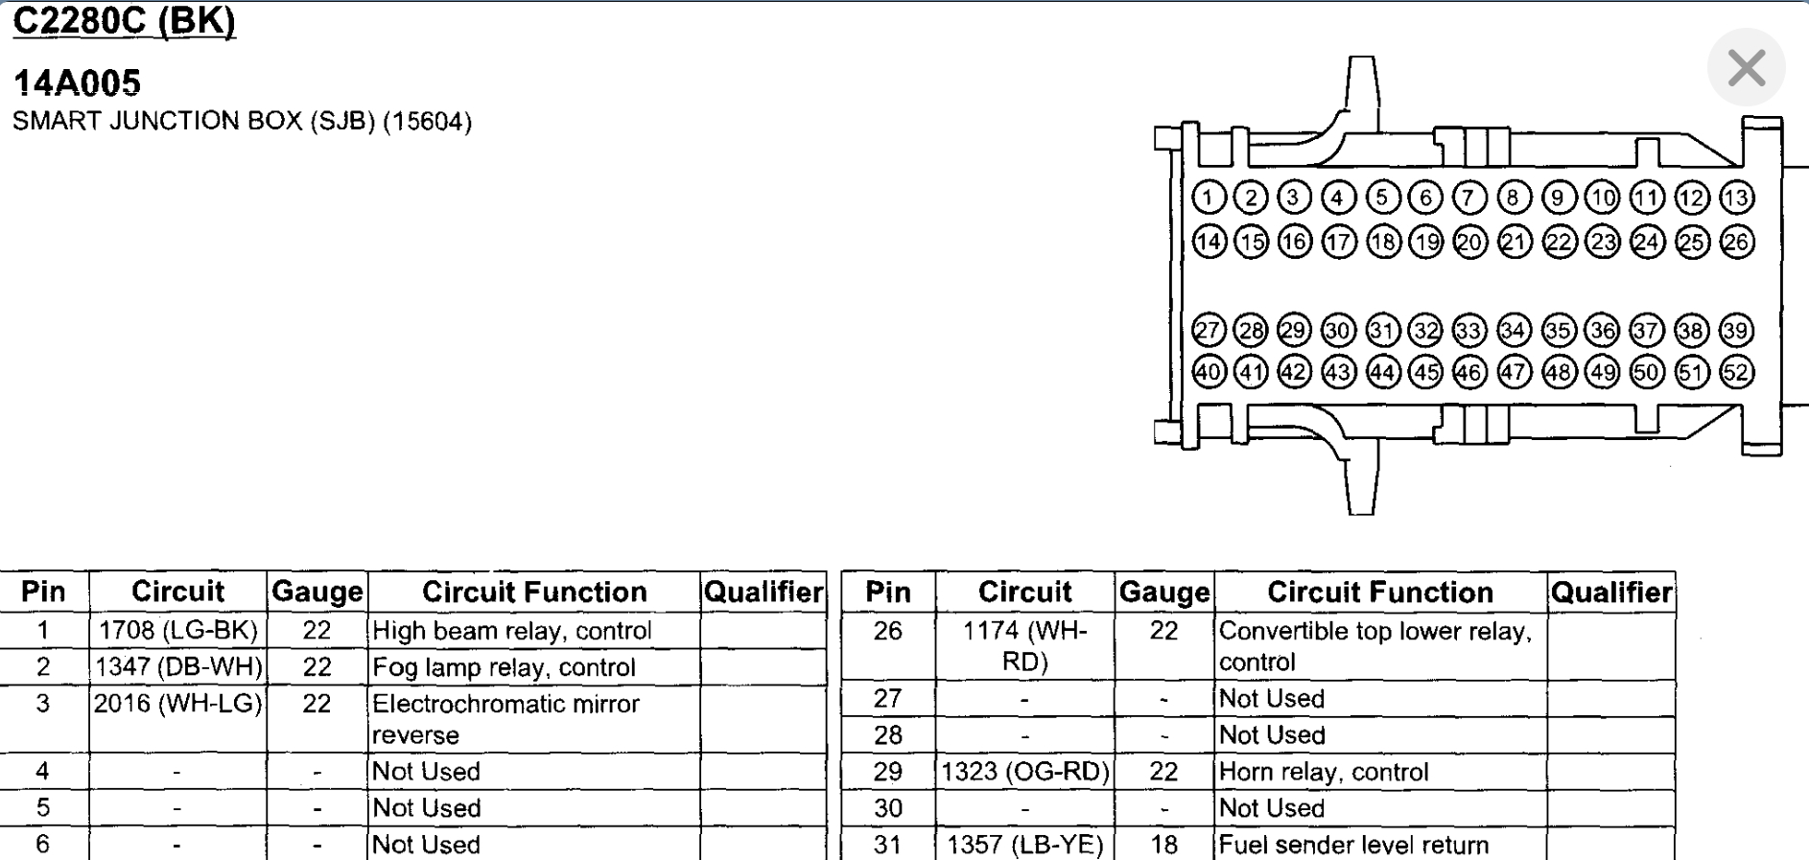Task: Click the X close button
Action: (1746, 68)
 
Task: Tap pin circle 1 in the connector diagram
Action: (1209, 198)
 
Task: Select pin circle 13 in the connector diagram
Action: (1736, 198)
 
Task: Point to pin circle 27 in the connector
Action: (1209, 331)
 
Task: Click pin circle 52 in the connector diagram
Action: (1736, 372)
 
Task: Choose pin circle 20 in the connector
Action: (1469, 242)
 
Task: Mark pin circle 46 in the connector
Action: (1469, 372)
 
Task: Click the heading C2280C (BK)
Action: (124, 21)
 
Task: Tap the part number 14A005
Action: (77, 83)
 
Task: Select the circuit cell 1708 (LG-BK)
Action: (178, 631)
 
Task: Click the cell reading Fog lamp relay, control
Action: (504, 667)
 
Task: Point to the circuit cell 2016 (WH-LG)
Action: (178, 704)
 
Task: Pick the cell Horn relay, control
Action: (1324, 772)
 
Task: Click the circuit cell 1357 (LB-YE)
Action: (1025, 845)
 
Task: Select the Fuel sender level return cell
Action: (1353, 845)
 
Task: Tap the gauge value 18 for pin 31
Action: (1163, 845)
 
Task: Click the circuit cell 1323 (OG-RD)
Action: (1025, 772)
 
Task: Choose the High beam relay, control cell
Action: (511, 631)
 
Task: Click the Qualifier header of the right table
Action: (1611, 593)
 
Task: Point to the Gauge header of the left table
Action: (317, 593)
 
